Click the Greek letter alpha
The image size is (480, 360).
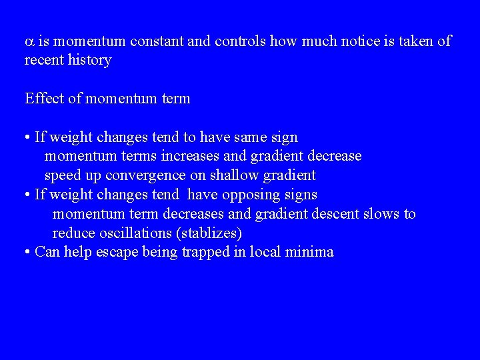click(x=29, y=42)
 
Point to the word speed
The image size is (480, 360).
click(x=63, y=176)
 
